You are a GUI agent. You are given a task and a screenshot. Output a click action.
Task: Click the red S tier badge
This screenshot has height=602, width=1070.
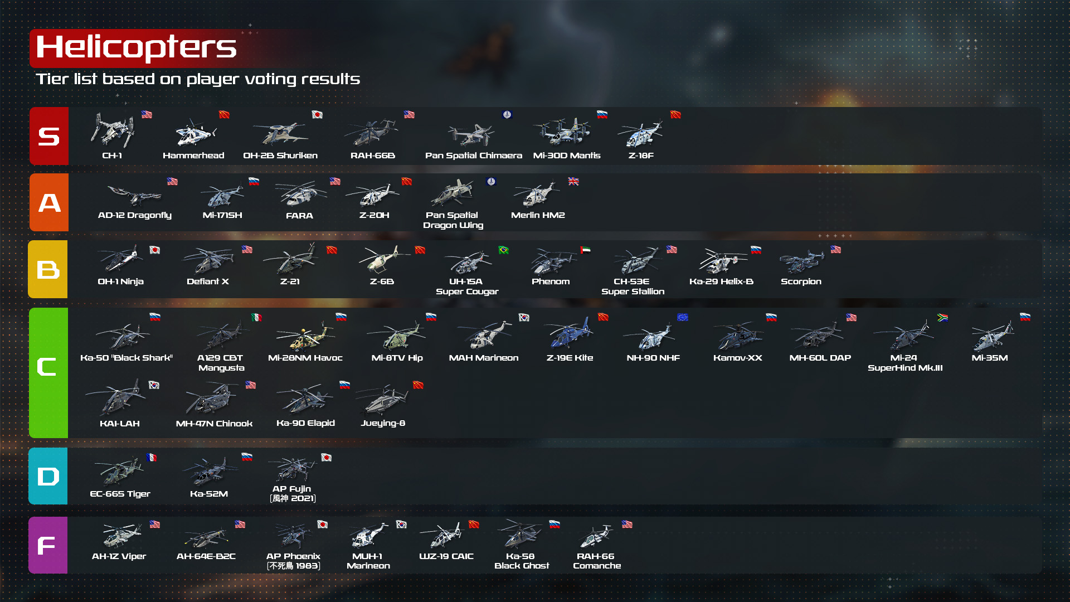(49, 136)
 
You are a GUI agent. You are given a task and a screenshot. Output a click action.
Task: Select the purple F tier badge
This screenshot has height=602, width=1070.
(48, 545)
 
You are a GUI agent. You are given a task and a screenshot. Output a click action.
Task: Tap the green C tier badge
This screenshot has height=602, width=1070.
(48, 372)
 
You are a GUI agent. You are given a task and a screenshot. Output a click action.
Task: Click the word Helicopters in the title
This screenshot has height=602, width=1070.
(137, 47)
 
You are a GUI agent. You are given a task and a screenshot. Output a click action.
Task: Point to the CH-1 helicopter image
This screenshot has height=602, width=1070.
(113, 130)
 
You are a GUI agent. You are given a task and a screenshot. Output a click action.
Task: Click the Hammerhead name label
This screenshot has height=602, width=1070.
(193, 156)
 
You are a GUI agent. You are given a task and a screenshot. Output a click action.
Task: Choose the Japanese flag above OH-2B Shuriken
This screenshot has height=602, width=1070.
(317, 115)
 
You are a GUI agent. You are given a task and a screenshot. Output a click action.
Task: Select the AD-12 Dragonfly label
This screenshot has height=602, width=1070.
(135, 215)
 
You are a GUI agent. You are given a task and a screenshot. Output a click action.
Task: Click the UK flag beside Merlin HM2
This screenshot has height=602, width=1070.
(573, 182)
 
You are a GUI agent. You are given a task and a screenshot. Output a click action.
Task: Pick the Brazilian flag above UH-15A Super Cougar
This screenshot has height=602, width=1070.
(504, 250)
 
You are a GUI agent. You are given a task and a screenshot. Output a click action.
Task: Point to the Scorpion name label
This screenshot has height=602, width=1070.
(801, 281)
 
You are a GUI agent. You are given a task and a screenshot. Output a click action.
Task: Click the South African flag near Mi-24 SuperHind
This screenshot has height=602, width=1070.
(943, 317)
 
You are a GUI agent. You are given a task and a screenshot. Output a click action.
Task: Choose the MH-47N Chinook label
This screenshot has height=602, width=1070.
(214, 424)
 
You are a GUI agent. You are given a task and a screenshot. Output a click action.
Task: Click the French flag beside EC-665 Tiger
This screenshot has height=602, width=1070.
(151, 457)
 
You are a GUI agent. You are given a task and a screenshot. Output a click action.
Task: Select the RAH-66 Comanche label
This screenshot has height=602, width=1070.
(596, 561)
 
